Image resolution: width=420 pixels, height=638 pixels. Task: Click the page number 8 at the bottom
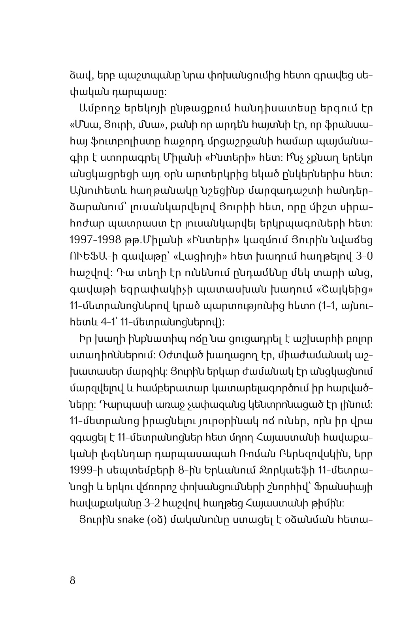72,580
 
